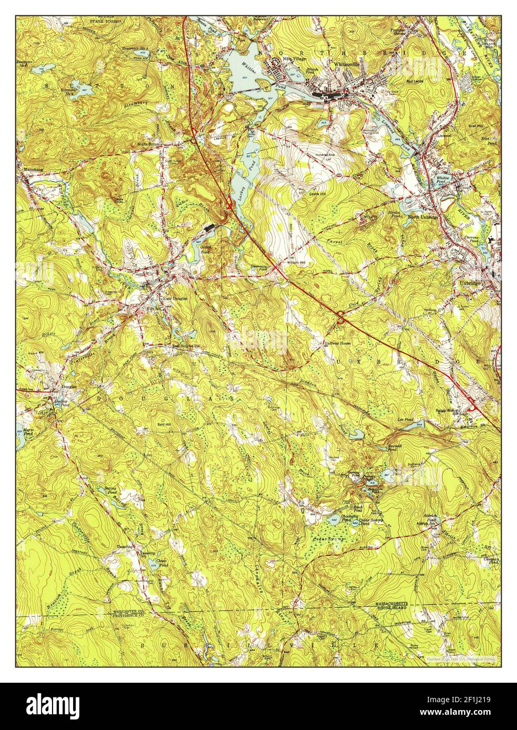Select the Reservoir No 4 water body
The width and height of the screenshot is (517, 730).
[x=84, y=89]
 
